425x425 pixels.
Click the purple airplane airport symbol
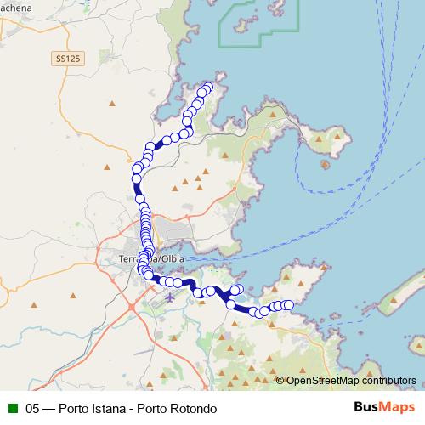pos(170,297)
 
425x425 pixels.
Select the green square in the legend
pos(12,409)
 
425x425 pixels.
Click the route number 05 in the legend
pos(33,409)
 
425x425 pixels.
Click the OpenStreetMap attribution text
pos(320,381)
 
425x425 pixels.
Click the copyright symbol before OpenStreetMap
pos(280,381)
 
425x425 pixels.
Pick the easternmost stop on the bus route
pos(288,304)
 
